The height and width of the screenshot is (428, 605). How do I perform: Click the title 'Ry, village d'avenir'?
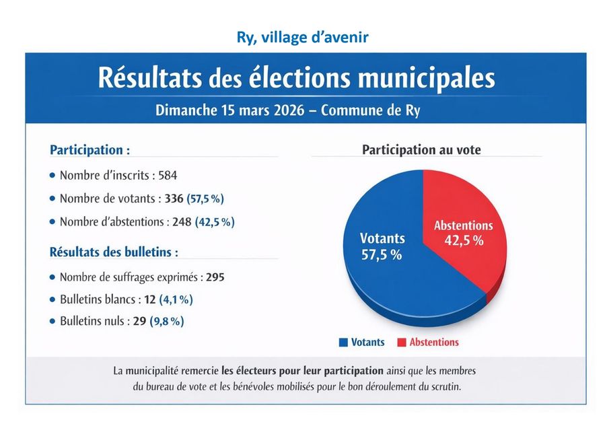302,37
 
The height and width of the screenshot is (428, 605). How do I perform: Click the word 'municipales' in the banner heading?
426,78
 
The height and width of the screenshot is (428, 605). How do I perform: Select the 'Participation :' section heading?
90,149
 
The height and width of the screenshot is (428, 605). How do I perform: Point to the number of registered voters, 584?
168,176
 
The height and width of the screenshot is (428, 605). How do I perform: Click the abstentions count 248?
182,221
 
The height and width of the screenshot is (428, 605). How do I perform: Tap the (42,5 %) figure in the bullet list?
215,221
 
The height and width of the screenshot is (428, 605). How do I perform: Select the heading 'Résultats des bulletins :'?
114,253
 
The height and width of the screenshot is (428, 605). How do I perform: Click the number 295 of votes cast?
215,277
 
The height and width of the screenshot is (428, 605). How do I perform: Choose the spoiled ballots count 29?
139,322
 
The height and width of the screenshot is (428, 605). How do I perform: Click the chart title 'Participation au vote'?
421,150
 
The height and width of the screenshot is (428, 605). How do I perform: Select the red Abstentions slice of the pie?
464,256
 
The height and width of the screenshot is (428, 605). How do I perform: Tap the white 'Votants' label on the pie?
382,238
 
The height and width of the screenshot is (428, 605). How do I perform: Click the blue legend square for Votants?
343,343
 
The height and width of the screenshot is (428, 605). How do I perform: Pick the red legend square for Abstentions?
402,343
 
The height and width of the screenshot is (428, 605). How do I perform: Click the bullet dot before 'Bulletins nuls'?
53,322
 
